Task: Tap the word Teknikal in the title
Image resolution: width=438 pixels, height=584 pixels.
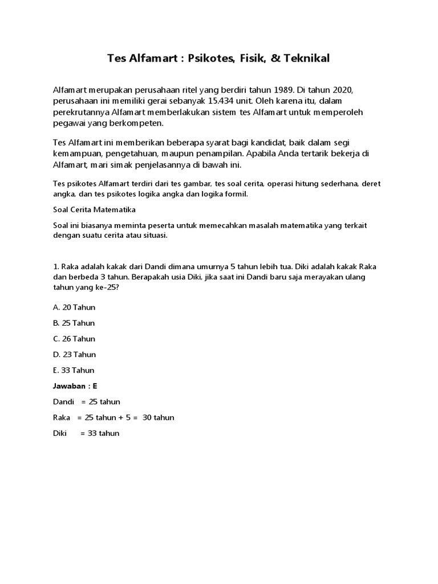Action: click(x=306, y=58)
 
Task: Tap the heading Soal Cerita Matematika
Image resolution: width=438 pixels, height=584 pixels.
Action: click(x=94, y=209)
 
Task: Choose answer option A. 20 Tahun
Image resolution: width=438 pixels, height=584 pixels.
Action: click(x=74, y=307)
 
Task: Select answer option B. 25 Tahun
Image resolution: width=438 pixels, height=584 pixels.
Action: click(x=74, y=323)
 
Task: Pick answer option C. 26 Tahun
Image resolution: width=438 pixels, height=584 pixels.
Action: click(x=74, y=339)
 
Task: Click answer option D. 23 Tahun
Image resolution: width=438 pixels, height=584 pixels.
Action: click(x=74, y=354)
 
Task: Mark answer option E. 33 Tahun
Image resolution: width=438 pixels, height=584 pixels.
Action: click(x=74, y=370)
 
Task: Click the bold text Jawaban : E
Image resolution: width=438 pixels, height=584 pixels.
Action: click(x=75, y=386)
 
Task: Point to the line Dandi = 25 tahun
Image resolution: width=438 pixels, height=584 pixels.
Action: click(x=87, y=401)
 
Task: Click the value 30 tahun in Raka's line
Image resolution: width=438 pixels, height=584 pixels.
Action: click(x=159, y=417)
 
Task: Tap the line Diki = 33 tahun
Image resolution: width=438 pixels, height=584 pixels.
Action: click(x=86, y=433)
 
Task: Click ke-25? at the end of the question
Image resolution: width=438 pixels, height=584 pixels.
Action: click(x=106, y=287)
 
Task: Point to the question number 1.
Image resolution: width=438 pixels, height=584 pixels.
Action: click(x=55, y=267)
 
